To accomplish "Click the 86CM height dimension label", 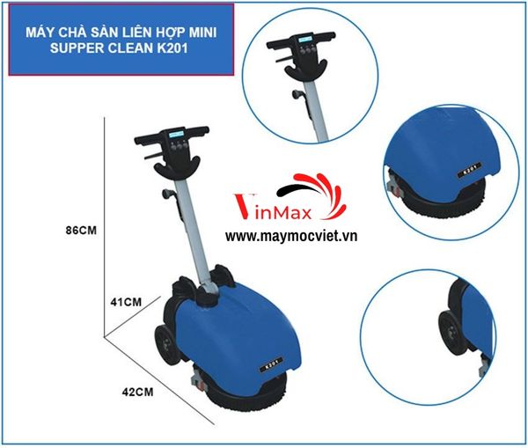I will [79, 231].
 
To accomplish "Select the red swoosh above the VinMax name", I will [304, 184].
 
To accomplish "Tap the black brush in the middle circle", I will [440, 208].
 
